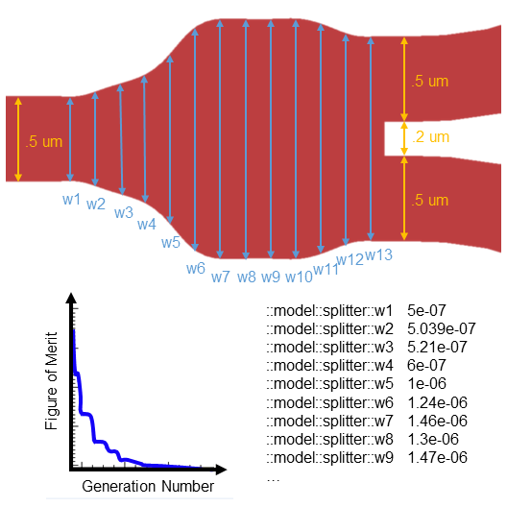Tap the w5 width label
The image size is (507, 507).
pos(170,242)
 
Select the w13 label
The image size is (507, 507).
pos(379,254)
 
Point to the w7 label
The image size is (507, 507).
pos(221,277)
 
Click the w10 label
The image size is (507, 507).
pos(299,277)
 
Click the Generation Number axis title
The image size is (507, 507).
pos(148,487)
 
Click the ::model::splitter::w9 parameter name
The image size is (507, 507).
pos(331,457)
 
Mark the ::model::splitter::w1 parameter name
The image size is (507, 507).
pos(331,310)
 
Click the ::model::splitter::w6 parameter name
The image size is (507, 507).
pos(331,402)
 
